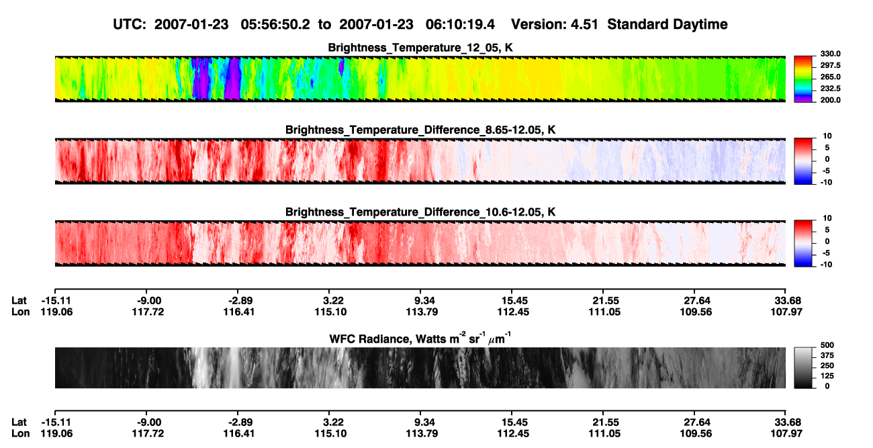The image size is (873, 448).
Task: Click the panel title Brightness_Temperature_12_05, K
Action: pyautogui.click(x=420, y=48)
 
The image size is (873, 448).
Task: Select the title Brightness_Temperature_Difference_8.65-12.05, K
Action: pyautogui.click(x=420, y=130)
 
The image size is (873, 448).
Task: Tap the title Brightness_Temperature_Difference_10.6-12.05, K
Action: pyautogui.click(x=420, y=212)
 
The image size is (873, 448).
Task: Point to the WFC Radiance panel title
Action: pyautogui.click(x=420, y=338)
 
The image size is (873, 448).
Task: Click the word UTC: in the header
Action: pyautogui.click(x=130, y=25)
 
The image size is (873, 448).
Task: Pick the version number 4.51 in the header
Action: pyautogui.click(x=584, y=25)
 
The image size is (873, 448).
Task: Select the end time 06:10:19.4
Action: pyautogui.click(x=460, y=25)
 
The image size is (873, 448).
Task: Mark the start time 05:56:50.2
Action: pyautogui.click(x=275, y=25)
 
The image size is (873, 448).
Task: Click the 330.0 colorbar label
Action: pyautogui.click(x=830, y=54)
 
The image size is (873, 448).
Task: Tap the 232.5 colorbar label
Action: pyautogui.click(x=830, y=89)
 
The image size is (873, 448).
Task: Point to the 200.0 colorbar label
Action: pyautogui.click(x=830, y=100)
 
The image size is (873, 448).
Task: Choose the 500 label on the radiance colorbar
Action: pyautogui.click(x=827, y=345)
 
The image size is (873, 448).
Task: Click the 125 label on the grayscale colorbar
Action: pyautogui.click(x=827, y=376)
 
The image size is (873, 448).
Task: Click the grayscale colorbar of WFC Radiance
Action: pyautogui.click(x=803, y=367)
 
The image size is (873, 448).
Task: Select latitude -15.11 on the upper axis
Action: pyautogui.click(x=56, y=301)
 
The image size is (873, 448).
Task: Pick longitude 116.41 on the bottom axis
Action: pyautogui.click(x=238, y=434)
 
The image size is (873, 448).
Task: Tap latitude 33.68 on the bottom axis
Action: pyautogui.click(x=787, y=422)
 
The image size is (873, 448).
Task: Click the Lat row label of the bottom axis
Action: pyautogui.click(x=19, y=422)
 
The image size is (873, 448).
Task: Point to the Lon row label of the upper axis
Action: pyautogui.click(x=20, y=312)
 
